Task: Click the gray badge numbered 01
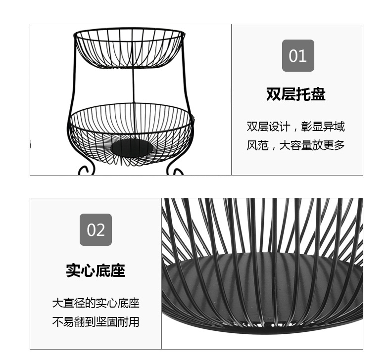pos(298,55)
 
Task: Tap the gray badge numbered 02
pos(96,230)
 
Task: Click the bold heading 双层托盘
pos(296,94)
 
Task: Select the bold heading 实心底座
pos(96,270)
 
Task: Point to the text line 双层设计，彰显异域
pos(296,127)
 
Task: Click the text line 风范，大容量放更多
pos(296,145)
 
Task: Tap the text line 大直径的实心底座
pos(96,303)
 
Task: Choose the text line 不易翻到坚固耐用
pos(96,322)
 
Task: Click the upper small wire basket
pos(129,48)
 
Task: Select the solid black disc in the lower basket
pos(132,148)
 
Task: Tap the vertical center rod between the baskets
pos(134,86)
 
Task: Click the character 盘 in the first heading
pos(318,94)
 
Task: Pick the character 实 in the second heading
pos(73,270)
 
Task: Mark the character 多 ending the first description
pos(340,145)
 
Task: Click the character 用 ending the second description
pos(134,322)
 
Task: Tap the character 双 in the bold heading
pos(274,94)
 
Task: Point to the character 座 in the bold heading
pos(118,270)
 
